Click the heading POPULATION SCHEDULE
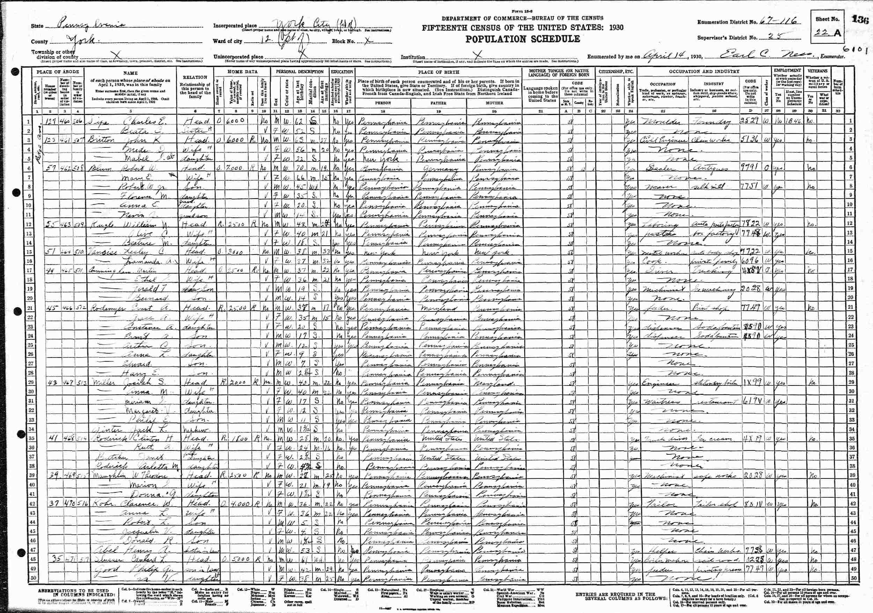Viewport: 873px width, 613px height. click(x=523, y=39)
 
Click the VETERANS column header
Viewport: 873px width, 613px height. click(x=817, y=71)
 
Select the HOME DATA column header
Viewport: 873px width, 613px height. click(x=242, y=72)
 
